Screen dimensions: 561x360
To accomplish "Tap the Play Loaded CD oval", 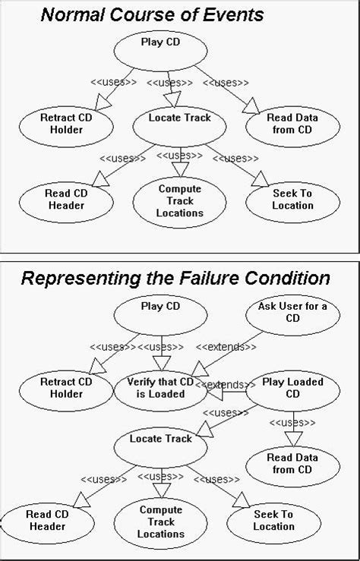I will point(292,388).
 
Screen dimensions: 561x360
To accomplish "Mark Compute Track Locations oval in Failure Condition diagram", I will point(161,522).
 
